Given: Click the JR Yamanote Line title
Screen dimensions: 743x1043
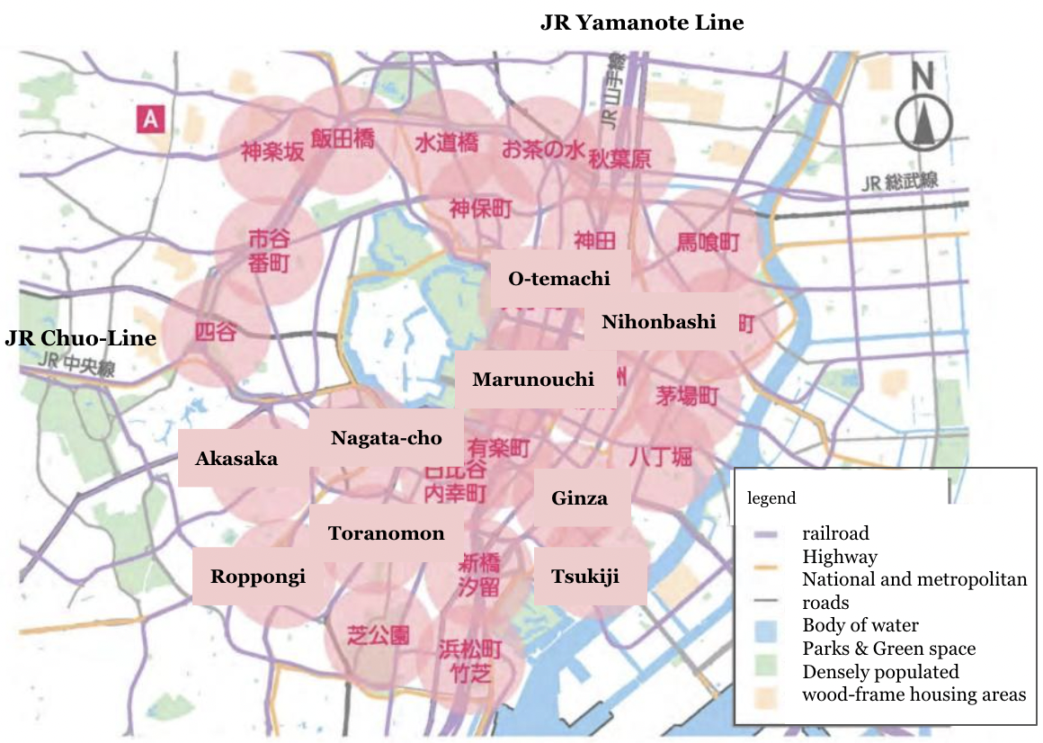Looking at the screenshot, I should click(x=641, y=22).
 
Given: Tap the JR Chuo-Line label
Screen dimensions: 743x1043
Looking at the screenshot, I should click(x=81, y=338).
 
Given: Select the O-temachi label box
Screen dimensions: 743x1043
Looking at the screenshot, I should click(x=559, y=279).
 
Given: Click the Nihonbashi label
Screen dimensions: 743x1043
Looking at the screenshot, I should click(x=659, y=322).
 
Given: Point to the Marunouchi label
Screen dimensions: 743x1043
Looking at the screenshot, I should click(x=533, y=379).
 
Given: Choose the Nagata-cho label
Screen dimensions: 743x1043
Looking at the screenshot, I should click(x=387, y=438).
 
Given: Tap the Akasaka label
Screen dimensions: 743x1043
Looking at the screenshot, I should click(x=237, y=459).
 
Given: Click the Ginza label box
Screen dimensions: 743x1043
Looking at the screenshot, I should click(x=580, y=498).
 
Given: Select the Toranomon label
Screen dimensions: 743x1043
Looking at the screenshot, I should click(x=387, y=533).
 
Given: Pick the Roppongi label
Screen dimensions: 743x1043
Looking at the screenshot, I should click(x=258, y=577).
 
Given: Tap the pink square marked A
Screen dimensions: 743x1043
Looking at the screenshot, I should click(x=149, y=119).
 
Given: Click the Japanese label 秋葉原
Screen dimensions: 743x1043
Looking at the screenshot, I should click(x=619, y=159).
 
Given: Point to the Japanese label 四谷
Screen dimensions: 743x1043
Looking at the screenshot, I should click(x=216, y=332).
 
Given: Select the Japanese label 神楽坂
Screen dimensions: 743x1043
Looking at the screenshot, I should click(x=272, y=150).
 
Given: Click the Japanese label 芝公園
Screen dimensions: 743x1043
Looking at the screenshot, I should click(x=378, y=635).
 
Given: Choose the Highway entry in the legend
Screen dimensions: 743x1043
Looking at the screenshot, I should click(x=840, y=557).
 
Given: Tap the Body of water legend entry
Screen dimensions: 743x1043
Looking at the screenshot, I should click(x=860, y=625).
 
